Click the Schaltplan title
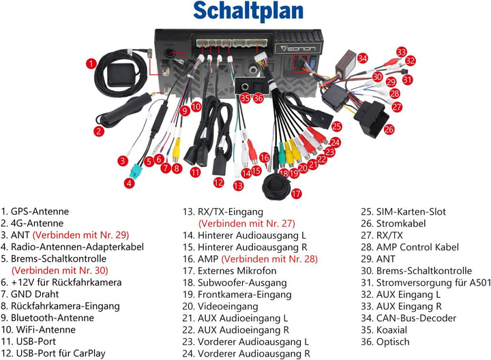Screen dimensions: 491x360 pos(248,12)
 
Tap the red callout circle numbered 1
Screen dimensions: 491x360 pos(91,64)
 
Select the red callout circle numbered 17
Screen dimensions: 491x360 pos(296,194)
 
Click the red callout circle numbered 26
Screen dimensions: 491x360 pos(389,129)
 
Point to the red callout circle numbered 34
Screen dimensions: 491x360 pos(362,58)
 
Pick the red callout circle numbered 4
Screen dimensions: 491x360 pos(130,183)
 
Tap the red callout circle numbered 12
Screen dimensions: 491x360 pos(219,183)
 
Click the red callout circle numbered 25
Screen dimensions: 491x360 pos(337,126)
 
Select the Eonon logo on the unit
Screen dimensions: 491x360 pos(299,48)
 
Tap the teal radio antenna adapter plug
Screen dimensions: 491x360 pos(136,171)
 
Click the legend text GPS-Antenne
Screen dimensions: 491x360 pos(40,211)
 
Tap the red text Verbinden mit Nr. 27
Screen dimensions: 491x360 pos(247,224)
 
